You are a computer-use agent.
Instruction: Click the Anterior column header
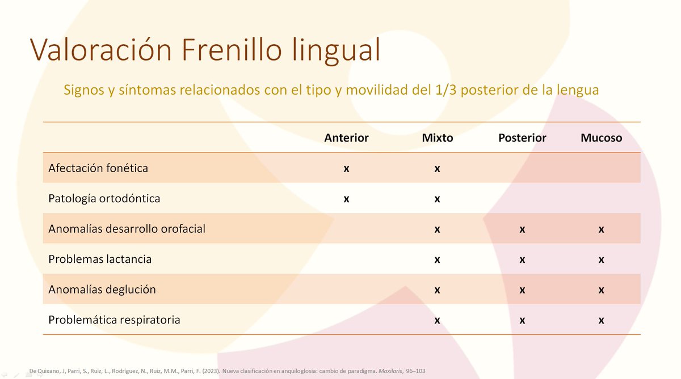(x=346, y=138)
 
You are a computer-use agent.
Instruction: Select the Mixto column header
(x=438, y=138)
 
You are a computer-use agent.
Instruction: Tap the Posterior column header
(x=522, y=138)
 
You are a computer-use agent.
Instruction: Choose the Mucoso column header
(x=601, y=138)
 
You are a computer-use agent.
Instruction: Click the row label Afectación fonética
(x=98, y=168)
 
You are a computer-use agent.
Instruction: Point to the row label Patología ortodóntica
(x=104, y=199)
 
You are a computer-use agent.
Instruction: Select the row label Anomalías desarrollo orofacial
(x=127, y=229)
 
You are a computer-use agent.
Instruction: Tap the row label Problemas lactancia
(x=100, y=259)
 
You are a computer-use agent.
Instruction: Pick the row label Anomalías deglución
(x=102, y=289)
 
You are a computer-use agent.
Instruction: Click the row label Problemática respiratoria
(x=114, y=320)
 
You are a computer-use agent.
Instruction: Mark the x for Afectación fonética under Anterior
(x=346, y=169)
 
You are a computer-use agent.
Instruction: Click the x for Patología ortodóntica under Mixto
(x=438, y=199)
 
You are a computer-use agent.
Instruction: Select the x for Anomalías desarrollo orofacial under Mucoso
(x=601, y=229)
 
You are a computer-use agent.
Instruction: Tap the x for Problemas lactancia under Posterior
(x=522, y=260)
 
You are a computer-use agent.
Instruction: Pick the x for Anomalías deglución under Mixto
(x=438, y=290)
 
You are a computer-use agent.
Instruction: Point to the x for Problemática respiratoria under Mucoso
(x=601, y=321)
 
